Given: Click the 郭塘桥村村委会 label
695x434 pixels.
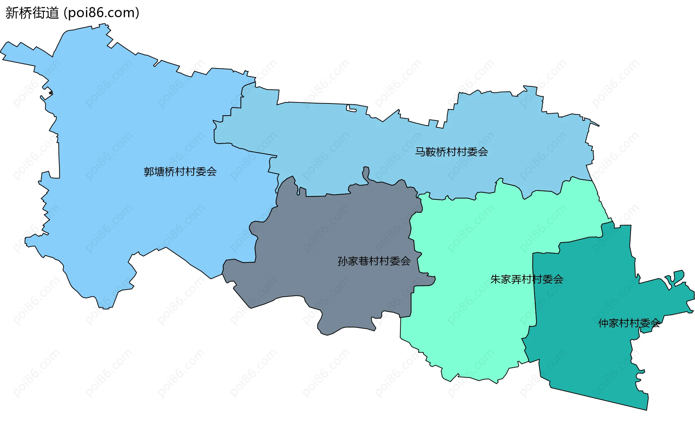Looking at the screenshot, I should pos(180,172).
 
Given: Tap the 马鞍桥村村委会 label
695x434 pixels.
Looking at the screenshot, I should pos(451,152).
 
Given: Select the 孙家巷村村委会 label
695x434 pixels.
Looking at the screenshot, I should pos(374,261).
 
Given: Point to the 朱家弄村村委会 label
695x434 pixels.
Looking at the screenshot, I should pos(527,279).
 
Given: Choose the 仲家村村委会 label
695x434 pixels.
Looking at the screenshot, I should pos(629,323).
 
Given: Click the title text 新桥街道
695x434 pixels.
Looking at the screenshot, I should pos(32,13).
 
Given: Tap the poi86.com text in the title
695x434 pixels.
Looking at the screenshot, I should pos(101,13).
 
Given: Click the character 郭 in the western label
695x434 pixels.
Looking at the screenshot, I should pos(149,172).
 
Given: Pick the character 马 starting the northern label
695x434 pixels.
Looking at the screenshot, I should pos(420,152).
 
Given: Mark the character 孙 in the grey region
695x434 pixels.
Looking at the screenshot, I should pos(342,261).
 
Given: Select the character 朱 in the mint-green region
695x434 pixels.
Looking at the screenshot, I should pos(496,279).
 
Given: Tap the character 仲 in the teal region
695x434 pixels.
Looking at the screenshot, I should pos(603,323).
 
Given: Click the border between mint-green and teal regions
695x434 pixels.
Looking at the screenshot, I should pos(534,290).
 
